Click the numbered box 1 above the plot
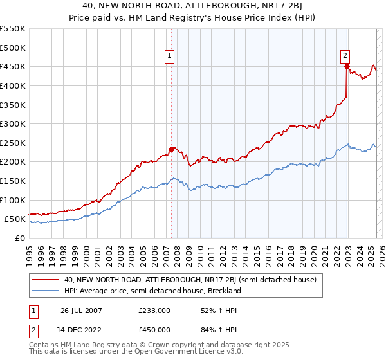pos(170,56)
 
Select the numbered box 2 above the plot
pos(345,56)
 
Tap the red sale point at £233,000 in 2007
pos(172,149)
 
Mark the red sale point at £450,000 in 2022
pos(347,66)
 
